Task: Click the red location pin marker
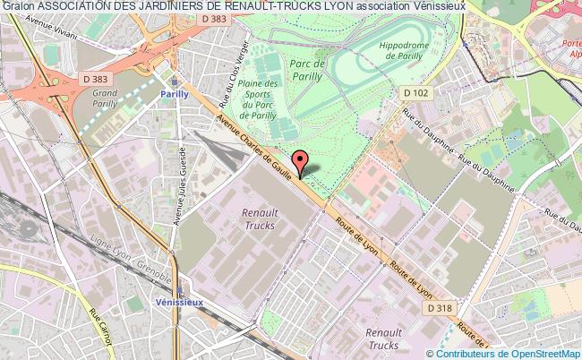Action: [300, 161]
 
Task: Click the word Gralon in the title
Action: [17, 6]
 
